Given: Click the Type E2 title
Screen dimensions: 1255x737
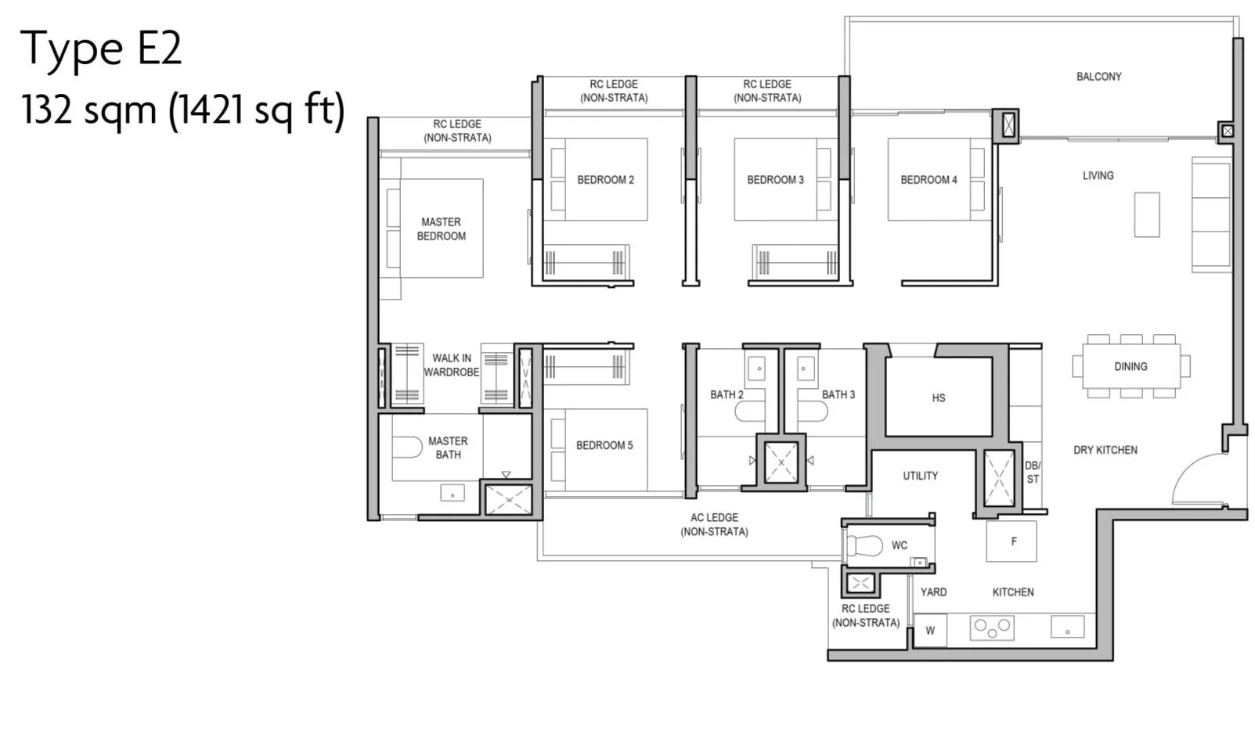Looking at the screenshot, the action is click(101, 49).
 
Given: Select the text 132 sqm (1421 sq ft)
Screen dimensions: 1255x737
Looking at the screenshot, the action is click(182, 110).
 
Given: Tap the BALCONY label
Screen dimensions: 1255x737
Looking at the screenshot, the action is click(1098, 77).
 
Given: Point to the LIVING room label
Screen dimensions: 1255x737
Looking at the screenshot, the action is click(1098, 176).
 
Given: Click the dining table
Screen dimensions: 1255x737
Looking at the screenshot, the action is click(1131, 366).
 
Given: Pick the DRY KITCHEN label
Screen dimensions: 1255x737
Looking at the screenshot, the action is click(1105, 451).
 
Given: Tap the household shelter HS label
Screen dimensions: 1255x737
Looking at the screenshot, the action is click(939, 398).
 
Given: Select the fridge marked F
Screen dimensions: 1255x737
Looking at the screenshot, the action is click(1012, 541).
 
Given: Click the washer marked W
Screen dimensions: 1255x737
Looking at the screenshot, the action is click(930, 631).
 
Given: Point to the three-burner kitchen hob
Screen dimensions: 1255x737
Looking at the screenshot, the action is click(992, 627).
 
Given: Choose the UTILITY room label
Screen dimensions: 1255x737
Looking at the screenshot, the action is click(920, 476).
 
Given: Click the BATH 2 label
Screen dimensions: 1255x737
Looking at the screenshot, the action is click(727, 395).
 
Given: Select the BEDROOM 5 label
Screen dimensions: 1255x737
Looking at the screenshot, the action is click(604, 445).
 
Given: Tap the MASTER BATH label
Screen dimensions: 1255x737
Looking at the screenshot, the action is click(448, 448).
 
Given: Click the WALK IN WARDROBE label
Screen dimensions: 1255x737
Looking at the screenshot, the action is click(452, 365).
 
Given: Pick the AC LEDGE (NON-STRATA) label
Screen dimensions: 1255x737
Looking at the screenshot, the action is click(714, 525).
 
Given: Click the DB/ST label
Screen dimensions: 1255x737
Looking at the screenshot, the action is click(1033, 473).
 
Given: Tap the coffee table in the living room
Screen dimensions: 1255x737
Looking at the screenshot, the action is click(1147, 215).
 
